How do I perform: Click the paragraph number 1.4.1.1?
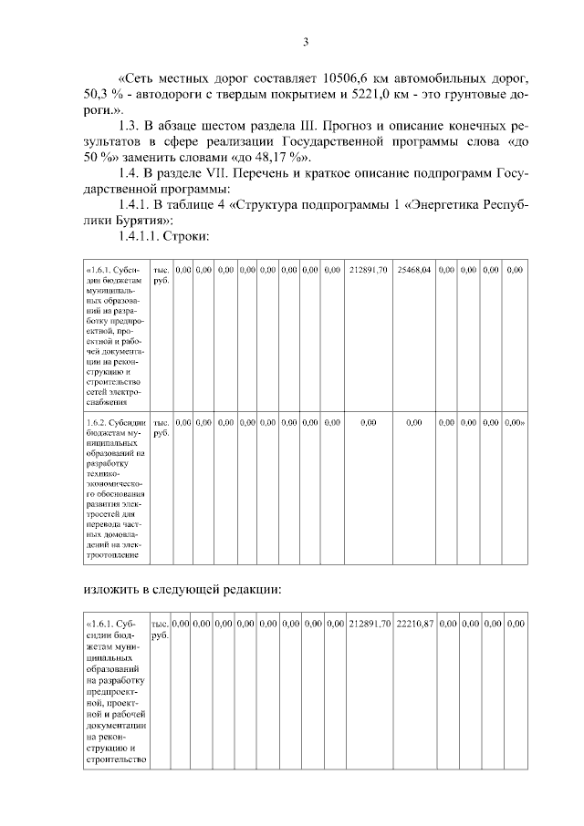coord(145,236)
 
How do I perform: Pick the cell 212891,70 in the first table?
coord(369,271)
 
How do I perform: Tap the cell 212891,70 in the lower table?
coord(370,623)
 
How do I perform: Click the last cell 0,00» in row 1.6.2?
coord(515,423)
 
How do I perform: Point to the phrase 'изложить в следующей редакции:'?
coord(182,589)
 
